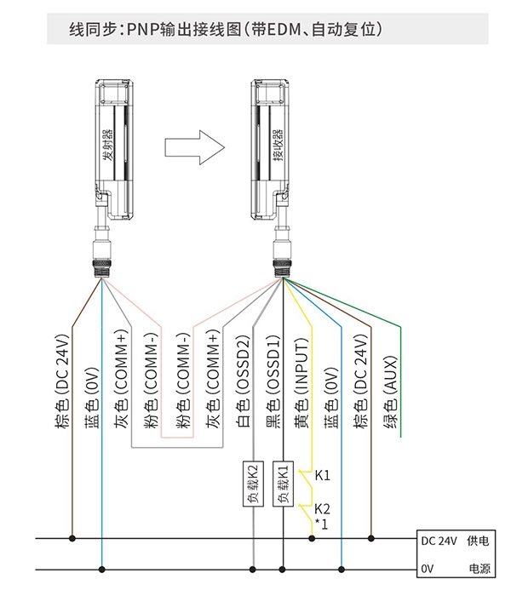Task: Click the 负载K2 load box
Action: click(253, 484)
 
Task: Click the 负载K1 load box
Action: click(283, 484)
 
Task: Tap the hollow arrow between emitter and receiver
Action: click(195, 147)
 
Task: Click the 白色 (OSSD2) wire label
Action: click(244, 381)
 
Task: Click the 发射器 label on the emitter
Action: click(107, 145)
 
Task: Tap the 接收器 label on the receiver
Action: click(278, 145)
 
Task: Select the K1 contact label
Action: click(323, 475)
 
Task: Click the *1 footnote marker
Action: click(321, 524)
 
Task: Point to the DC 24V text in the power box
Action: click(439, 541)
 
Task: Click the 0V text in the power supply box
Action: click(427, 569)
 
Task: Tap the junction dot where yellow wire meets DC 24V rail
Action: click(312, 538)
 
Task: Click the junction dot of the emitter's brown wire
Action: click(72, 538)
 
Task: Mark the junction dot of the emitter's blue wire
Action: click(102, 570)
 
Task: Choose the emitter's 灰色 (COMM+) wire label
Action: click(123, 380)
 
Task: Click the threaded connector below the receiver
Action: click(282, 269)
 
